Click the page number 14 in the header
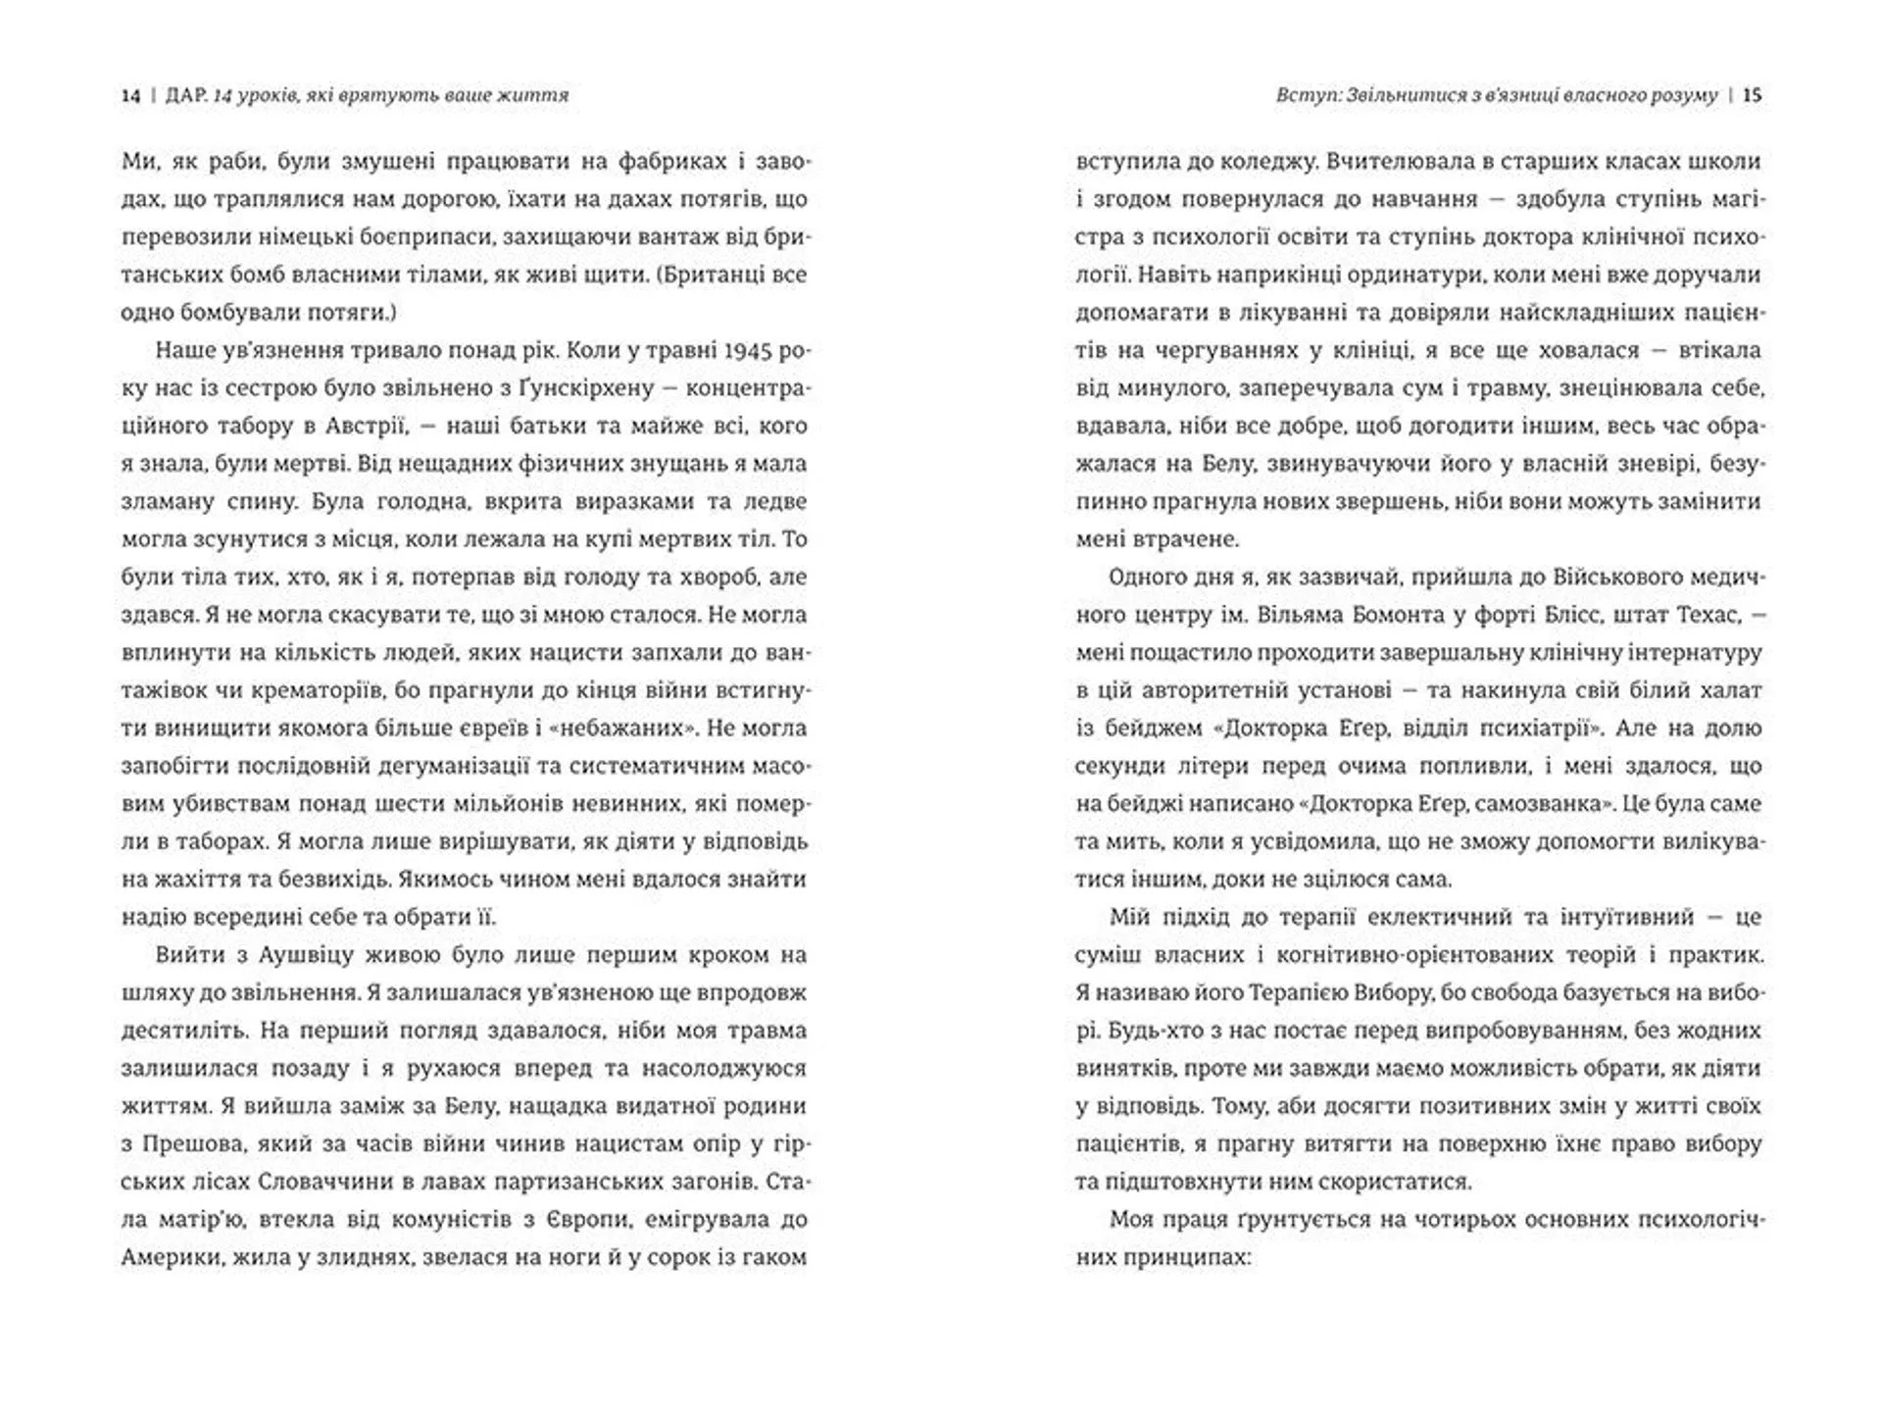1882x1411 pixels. click(x=131, y=95)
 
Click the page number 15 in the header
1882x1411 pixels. click(x=1754, y=95)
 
